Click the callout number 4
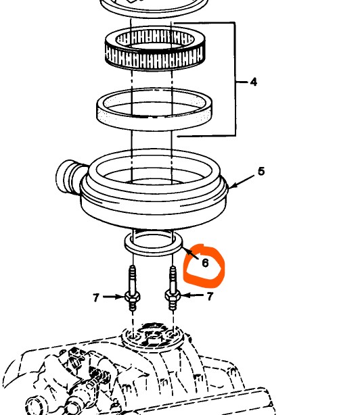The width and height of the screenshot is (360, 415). click(x=254, y=82)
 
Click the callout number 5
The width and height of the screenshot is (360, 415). click(x=261, y=172)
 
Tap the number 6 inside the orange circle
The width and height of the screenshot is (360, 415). click(x=205, y=263)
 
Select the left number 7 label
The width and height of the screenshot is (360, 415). click(x=96, y=298)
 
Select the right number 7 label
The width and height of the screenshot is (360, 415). click(x=210, y=297)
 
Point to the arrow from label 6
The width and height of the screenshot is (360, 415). click(x=190, y=253)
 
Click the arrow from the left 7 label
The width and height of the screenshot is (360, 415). click(x=114, y=297)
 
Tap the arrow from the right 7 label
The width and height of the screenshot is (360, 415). click(x=192, y=295)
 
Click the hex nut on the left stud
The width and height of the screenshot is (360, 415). click(x=132, y=297)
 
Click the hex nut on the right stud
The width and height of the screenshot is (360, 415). click(x=173, y=296)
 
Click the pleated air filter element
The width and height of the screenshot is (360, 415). click(x=155, y=49)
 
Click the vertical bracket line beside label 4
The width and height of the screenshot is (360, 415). click(x=235, y=79)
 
